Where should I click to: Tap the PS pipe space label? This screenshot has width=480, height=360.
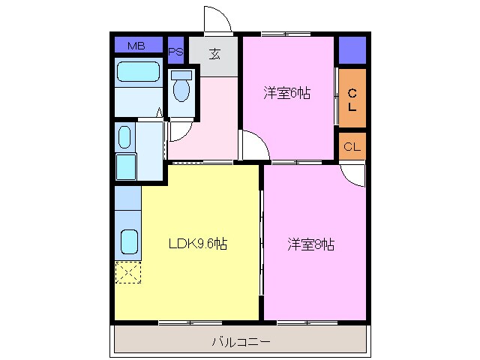pyautogui.click(x=176, y=52)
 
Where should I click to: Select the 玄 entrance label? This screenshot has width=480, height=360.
pyautogui.click(x=214, y=53)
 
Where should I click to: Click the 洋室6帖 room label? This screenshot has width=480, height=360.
pyautogui.click(x=286, y=94)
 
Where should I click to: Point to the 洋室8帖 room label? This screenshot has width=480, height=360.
pyautogui.click(x=310, y=244)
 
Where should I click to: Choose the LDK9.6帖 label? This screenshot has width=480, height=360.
pyautogui.click(x=198, y=244)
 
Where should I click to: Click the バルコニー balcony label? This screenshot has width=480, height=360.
pyautogui.click(x=241, y=343)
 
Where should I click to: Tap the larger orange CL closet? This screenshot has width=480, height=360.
pyautogui.click(x=352, y=99)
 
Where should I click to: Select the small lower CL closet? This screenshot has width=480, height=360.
pyautogui.click(x=352, y=146)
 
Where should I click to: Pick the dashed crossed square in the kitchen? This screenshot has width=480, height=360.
pyautogui.click(x=127, y=271)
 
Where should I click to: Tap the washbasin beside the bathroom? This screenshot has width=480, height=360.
pyautogui.click(x=124, y=137)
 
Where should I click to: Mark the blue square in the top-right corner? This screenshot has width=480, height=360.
pyautogui.click(x=352, y=49)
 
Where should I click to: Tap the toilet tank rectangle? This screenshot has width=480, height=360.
pyautogui.click(x=181, y=75)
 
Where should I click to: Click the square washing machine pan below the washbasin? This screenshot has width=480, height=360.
pyautogui.click(x=125, y=165)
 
